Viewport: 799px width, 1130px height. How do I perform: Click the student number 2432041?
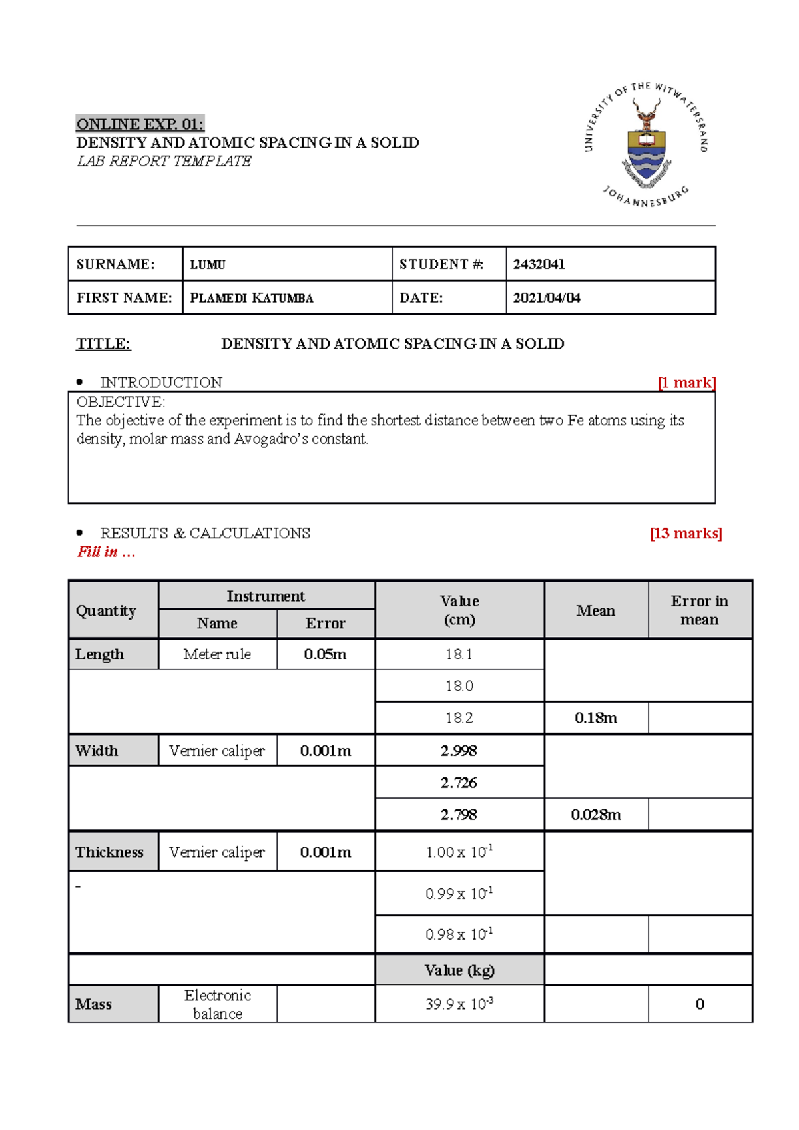pos(539,264)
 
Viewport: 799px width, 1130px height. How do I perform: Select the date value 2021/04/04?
pos(546,298)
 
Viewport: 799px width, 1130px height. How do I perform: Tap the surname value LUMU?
pos(208,265)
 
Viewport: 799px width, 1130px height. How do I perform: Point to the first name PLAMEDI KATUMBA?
pos(251,298)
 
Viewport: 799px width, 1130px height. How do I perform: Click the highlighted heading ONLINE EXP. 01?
pos(140,124)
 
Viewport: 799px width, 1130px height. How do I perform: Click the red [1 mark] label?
pos(686,383)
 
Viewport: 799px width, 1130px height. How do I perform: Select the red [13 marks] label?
pos(685,534)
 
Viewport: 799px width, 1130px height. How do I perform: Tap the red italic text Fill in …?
pos(106,552)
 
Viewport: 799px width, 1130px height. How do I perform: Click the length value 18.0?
pos(459,686)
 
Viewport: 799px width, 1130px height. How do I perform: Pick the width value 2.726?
pos(459,783)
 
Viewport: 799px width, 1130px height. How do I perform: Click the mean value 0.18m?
pos(595,718)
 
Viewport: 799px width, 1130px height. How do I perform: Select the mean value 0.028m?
pos(595,815)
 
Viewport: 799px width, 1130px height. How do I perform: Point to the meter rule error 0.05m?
pos(325,654)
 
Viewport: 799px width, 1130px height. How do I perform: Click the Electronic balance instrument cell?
pos(218,1004)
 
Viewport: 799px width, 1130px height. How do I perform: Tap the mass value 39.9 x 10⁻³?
pos(459,1004)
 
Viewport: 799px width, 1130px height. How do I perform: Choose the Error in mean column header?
pos(699,610)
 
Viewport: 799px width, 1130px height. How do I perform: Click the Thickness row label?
pos(110,852)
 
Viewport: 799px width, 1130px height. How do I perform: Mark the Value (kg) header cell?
pos(459,970)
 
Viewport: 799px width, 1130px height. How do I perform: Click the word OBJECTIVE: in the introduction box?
pos(121,402)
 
